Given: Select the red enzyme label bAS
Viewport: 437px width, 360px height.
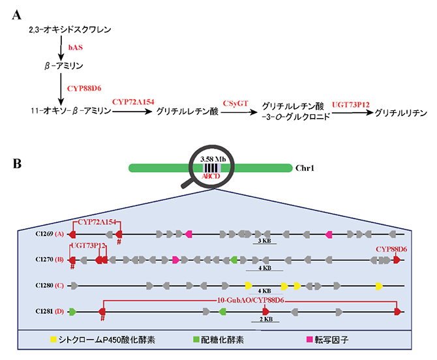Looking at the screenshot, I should click(75, 47).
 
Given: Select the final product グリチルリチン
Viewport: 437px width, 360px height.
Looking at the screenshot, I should click(405, 112).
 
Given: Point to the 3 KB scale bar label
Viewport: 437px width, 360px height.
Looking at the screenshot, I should click(265, 241).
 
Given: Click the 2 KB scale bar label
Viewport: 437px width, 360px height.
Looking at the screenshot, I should click(265, 320).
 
